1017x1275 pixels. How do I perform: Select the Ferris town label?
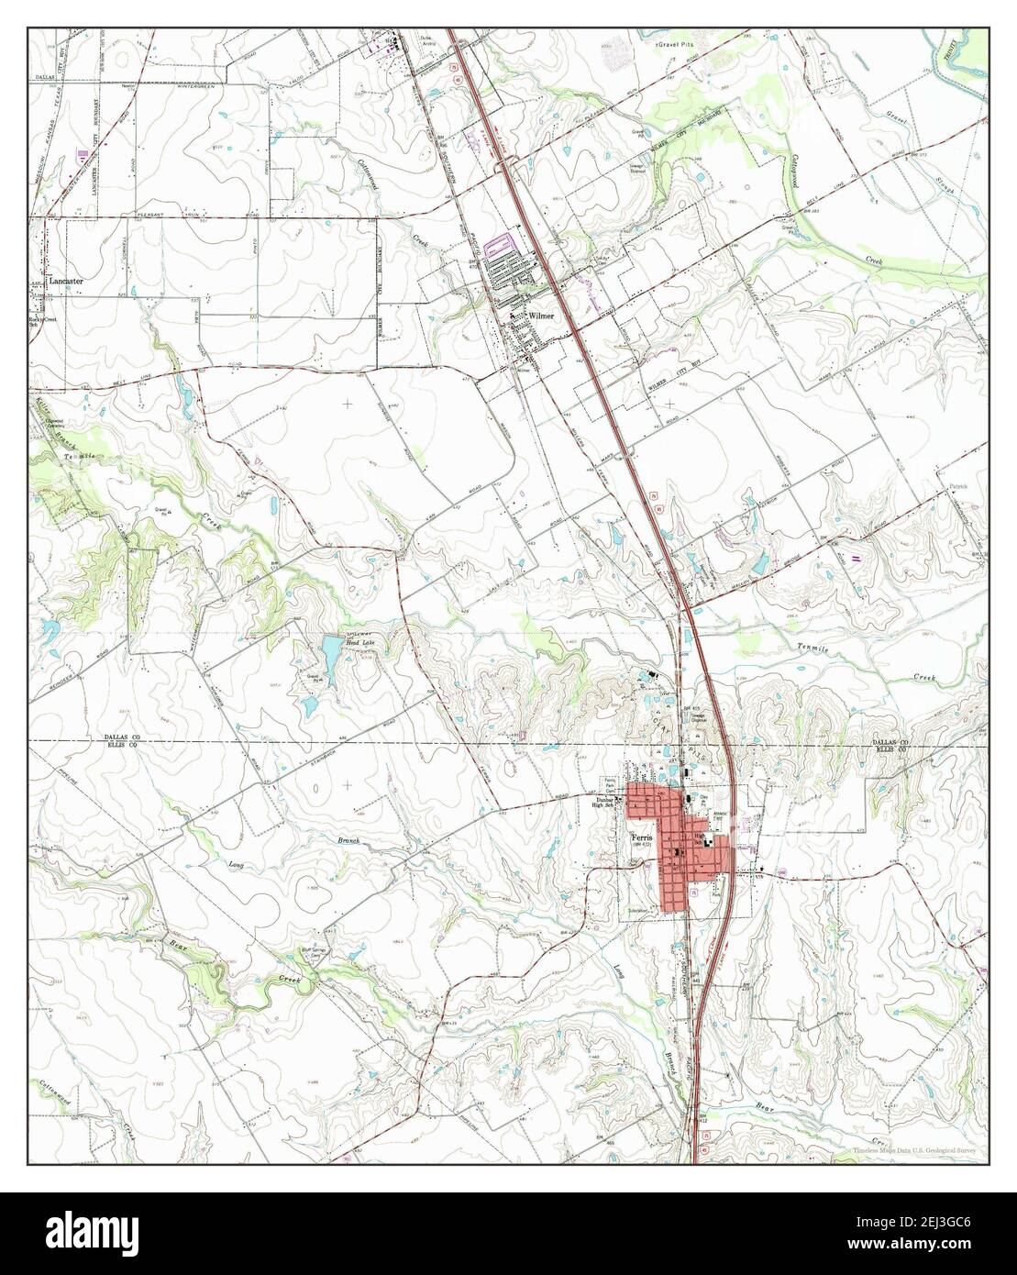point(640,837)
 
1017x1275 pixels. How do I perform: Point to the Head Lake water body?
point(328,654)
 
